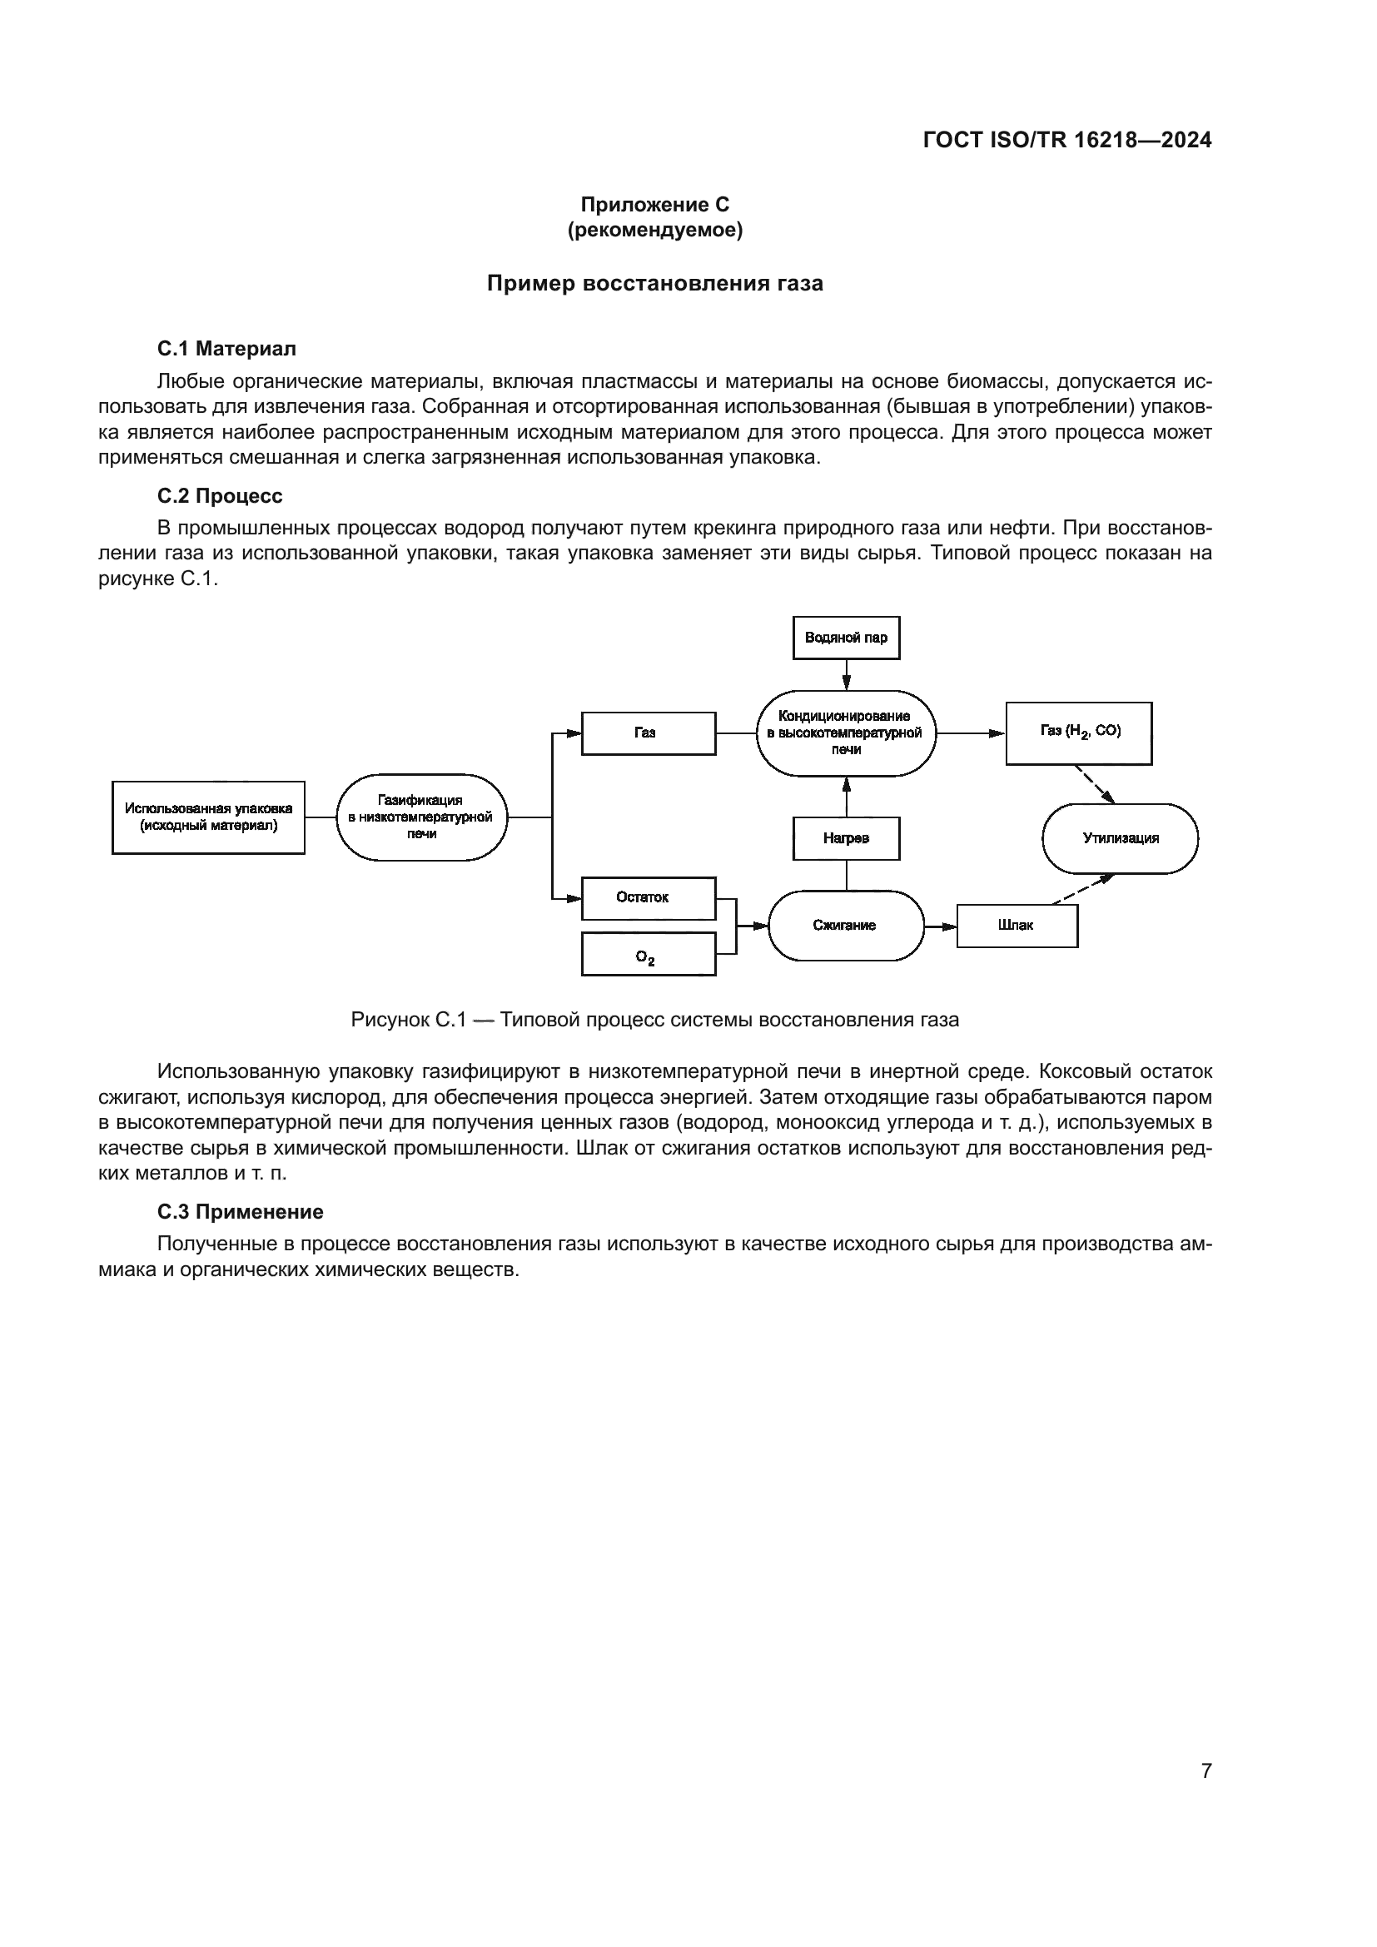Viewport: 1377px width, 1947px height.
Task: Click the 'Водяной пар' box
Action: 845,638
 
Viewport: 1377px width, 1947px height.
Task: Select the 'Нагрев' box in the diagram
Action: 845,839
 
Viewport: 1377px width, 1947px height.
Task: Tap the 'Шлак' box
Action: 1017,925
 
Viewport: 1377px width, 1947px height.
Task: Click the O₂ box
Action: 648,954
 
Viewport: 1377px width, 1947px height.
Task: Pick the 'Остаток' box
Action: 648,898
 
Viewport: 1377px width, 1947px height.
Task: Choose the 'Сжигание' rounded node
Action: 845,925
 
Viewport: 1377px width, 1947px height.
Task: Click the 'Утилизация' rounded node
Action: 1119,839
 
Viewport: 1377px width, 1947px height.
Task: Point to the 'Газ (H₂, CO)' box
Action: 1078,733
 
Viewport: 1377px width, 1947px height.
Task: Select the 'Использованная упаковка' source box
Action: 209,817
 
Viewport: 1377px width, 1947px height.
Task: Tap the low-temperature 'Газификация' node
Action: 421,817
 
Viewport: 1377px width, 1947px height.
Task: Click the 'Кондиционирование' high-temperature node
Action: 845,733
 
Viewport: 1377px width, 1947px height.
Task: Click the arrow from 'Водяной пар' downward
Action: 845,675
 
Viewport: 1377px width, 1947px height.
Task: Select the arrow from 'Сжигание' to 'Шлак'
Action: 940,925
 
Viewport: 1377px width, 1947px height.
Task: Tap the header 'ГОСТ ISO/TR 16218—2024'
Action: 1066,141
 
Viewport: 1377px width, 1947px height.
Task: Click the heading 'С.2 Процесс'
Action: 220,496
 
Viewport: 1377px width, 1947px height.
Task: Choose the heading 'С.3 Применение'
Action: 240,1212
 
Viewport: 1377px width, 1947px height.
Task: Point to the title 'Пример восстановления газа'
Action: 654,283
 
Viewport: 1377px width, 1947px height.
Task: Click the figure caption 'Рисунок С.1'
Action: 654,1020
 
